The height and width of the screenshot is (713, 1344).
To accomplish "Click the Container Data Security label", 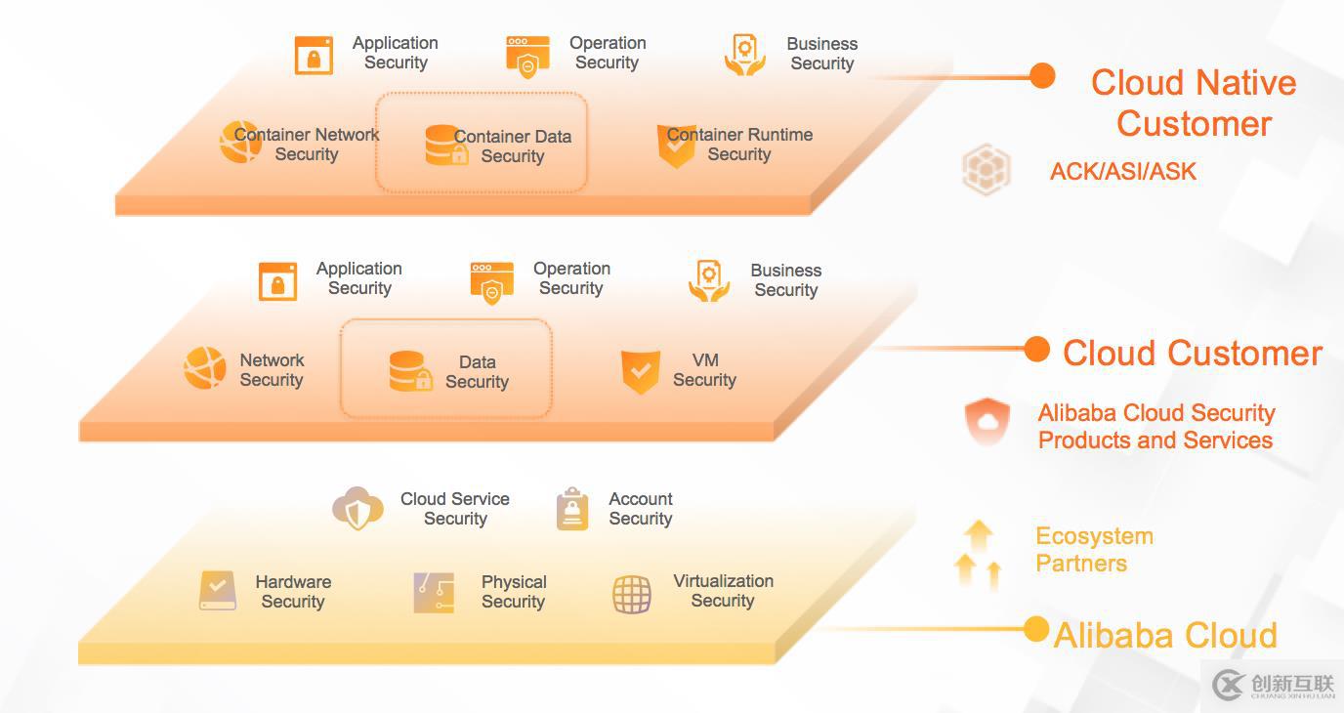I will pyautogui.click(x=512, y=147).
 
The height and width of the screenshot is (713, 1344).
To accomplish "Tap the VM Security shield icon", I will pyautogui.click(x=640, y=371).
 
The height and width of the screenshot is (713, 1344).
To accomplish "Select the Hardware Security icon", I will pyautogui.click(x=218, y=591).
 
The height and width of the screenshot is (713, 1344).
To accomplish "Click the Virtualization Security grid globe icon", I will pyautogui.click(x=632, y=593).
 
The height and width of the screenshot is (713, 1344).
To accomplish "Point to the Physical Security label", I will pyautogui.click(x=514, y=592).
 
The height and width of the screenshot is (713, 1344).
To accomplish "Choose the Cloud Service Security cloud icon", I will pyautogui.click(x=357, y=508).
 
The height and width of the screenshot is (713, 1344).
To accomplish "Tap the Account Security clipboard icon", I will pyautogui.click(x=572, y=509).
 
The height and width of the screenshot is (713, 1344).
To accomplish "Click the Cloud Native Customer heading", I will pyautogui.click(x=1194, y=103).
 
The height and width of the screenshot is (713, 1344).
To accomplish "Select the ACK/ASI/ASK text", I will pyautogui.click(x=1122, y=172).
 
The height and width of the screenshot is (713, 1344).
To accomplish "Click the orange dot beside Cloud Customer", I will pyautogui.click(x=1036, y=349).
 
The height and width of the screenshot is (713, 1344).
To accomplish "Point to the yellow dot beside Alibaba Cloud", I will pyautogui.click(x=1036, y=629).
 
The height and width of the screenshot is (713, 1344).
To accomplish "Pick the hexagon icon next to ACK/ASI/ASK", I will pyautogui.click(x=986, y=169).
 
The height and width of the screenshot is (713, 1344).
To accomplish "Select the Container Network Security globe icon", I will pyautogui.click(x=239, y=143).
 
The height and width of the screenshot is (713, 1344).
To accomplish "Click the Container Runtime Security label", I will pyautogui.click(x=739, y=145).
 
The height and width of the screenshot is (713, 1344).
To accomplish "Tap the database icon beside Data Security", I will pyautogui.click(x=410, y=371).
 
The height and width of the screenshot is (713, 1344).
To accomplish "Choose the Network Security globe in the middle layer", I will pyautogui.click(x=205, y=368).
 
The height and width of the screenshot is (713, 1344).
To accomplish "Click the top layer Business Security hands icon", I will pyautogui.click(x=744, y=55).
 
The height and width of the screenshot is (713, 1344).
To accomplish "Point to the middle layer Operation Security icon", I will pyautogui.click(x=491, y=282).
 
